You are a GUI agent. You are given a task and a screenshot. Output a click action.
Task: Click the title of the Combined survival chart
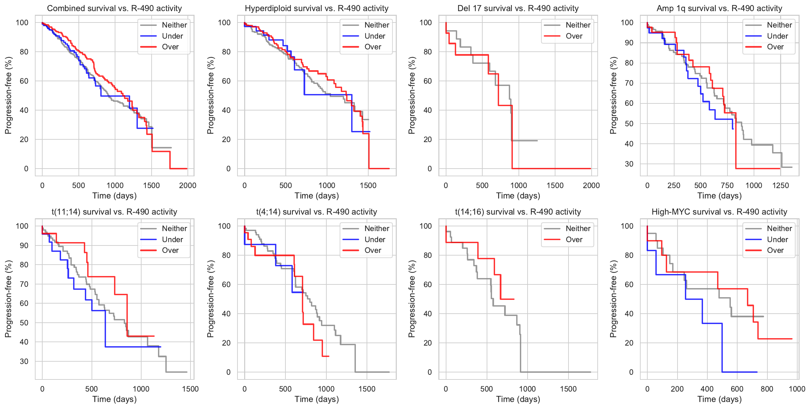pos(114,8)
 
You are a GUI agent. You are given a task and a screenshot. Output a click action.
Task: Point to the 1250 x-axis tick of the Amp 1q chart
pos(780,185)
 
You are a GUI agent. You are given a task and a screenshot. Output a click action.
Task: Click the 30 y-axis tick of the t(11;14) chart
pos(24,361)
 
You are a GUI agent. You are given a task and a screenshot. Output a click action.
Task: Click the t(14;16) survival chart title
pos(518,212)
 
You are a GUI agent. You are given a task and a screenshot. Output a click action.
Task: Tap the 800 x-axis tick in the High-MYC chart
pos(767,389)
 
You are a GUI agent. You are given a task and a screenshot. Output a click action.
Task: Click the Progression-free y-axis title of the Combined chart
pos(8,95)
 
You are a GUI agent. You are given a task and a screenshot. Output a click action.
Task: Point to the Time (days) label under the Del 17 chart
pos(518,196)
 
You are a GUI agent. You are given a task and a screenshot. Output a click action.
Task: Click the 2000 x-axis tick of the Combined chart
pos(187,185)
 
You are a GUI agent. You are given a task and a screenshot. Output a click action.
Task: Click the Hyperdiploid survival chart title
pos(317,8)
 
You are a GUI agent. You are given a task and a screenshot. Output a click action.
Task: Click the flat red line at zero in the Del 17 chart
pos(553,169)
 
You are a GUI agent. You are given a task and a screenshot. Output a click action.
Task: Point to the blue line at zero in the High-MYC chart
pos(740,372)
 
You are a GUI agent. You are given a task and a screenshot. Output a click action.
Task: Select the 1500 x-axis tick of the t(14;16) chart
pos(568,389)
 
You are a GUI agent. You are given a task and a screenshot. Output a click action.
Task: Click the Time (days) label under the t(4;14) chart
pos(317,399)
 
